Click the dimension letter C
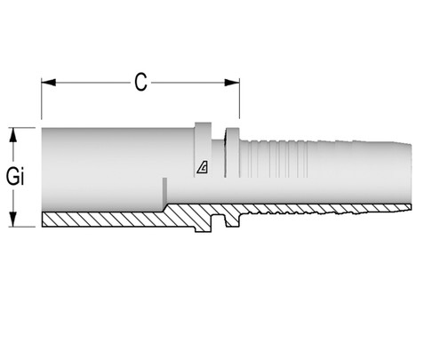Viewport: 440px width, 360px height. point(140,82)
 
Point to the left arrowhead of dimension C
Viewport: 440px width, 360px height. point(47,83)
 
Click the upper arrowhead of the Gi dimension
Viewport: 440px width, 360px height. point(14,133)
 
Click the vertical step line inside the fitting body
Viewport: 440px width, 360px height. point(164,191)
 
